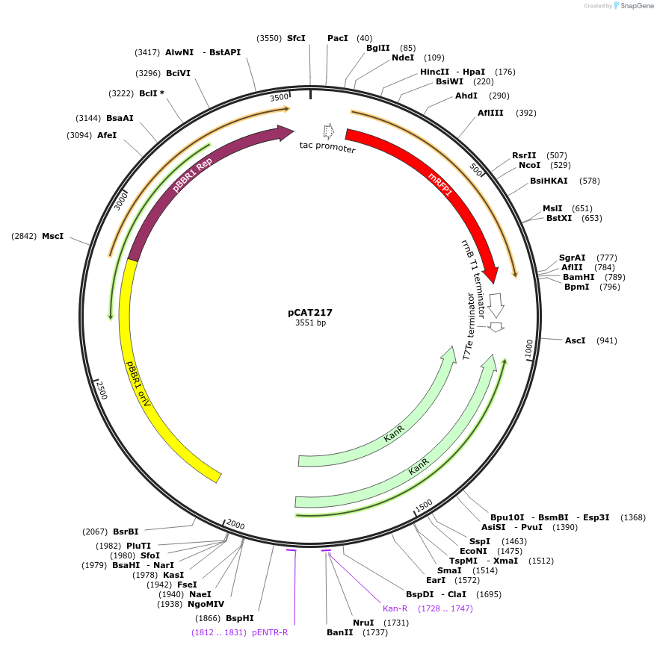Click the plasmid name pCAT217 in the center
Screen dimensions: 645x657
(310, 313)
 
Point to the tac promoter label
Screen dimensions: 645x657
(327, 147)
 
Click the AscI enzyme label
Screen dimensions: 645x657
(575, 340)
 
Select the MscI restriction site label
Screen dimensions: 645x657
(52, 236)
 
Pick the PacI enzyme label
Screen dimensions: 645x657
(338, 38)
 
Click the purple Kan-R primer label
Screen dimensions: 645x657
(395, 608)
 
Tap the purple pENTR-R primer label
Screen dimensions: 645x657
(270, 632)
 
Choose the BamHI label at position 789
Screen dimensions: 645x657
(579, 277)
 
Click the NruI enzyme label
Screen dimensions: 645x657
(363, 623)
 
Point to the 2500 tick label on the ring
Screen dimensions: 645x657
(101, 388)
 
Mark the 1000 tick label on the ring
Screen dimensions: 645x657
(528, 349)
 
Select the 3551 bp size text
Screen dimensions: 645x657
(310, 323)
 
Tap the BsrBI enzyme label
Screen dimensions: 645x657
(126, 532)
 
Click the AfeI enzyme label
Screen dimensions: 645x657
(107, 135)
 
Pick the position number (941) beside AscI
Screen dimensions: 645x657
(606, 340)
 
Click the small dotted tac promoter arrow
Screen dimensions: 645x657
(328, 132)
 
